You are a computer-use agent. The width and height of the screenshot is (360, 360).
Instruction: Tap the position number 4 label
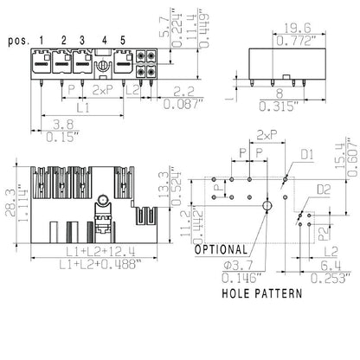104,40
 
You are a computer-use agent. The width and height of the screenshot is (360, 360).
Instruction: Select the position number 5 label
123,40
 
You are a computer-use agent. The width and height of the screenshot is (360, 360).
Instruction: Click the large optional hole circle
266,205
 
